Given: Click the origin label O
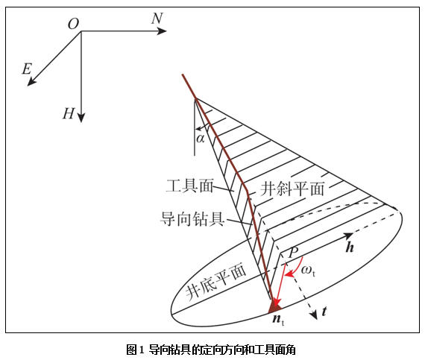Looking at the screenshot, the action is (74, 24).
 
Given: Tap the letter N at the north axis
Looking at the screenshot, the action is (157, 19).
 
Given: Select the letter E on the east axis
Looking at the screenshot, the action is (27, 69).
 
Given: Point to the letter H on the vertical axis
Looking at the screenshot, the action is (69, 113).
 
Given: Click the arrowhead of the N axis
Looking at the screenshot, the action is (162, 31).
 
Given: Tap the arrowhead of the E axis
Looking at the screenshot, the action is (31, 81).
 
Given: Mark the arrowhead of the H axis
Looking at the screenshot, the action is (81, 118).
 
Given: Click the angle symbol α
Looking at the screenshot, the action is (201, 139).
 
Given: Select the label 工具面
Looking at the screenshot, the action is (189, 186).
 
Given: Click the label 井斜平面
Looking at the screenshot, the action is (292, 189).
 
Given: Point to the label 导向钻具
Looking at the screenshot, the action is (192, 219).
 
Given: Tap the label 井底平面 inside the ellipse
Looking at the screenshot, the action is (216, 282).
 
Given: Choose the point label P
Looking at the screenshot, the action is (293, 253).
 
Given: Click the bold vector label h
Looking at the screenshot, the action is (350, 247).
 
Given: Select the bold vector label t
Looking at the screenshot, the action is (324, 312).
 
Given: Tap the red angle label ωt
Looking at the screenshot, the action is (309, 271).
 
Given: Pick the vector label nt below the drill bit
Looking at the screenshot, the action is (278, 319).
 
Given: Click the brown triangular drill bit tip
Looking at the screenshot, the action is (274, 309).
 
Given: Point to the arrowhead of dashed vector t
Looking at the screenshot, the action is (314, 315).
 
